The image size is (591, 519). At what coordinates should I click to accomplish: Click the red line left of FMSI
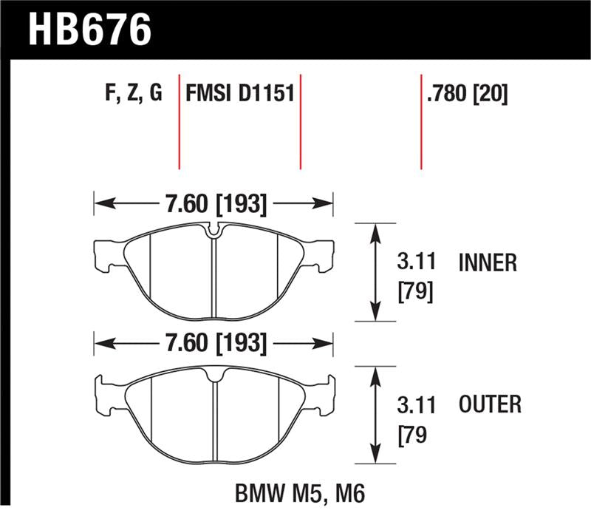(x=180, y=122)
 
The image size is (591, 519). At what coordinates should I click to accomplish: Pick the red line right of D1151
(x=301, y=122)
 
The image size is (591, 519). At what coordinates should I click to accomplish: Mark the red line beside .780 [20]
(x=421, y=122)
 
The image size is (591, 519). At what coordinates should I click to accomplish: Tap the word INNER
(x=488, y=263)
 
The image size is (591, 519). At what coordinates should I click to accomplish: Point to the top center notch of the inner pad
(x=213, y=231)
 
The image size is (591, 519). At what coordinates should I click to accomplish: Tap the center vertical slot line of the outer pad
(x=213, y=421)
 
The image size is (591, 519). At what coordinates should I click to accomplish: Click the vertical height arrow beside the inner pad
(x=377, y=271)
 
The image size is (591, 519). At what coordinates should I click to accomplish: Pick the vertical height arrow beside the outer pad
(x=377, y=415)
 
